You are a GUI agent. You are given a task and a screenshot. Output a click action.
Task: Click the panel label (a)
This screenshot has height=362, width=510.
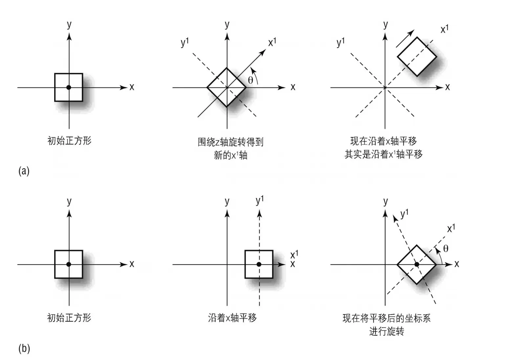point(24,171)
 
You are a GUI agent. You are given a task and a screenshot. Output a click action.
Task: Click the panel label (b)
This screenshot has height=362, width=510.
point(24,348)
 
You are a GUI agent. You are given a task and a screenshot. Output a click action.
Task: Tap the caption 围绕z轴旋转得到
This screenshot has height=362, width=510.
point(230,142)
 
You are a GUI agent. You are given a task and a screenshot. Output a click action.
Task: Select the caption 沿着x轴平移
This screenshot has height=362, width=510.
point(232,318)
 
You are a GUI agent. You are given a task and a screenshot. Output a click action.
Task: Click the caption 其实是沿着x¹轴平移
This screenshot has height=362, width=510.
point(383,154)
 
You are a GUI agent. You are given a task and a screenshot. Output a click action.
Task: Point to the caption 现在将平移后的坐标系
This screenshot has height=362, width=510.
point(386,318)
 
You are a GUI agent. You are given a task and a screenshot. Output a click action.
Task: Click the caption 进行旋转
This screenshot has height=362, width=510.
point(386,331)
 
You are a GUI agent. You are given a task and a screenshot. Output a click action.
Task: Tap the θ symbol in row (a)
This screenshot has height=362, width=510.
point(250,80)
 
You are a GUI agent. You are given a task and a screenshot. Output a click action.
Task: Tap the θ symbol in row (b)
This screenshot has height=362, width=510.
point(445,249)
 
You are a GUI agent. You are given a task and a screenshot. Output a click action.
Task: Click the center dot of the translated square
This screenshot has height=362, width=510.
point(259,264)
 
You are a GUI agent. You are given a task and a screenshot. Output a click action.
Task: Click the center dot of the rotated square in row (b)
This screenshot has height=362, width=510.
point(416,264)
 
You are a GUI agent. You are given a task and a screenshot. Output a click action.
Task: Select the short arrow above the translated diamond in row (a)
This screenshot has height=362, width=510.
point(405,39)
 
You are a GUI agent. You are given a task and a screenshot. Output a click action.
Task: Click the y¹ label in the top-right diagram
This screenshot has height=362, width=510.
point(341,43)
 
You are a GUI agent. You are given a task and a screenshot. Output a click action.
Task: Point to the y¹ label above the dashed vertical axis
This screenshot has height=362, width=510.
point(260,200)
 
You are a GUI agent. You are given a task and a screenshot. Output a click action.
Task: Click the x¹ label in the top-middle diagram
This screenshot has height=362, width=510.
point(272,42)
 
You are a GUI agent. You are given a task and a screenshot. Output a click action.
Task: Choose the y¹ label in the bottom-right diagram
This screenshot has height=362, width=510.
point(404,214)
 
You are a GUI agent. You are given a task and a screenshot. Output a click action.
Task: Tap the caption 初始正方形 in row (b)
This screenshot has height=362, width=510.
point(69,318)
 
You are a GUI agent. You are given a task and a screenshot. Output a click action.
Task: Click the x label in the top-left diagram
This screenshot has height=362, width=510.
point(132,87)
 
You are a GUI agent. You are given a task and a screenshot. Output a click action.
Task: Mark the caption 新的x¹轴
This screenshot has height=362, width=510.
point(230,155)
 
